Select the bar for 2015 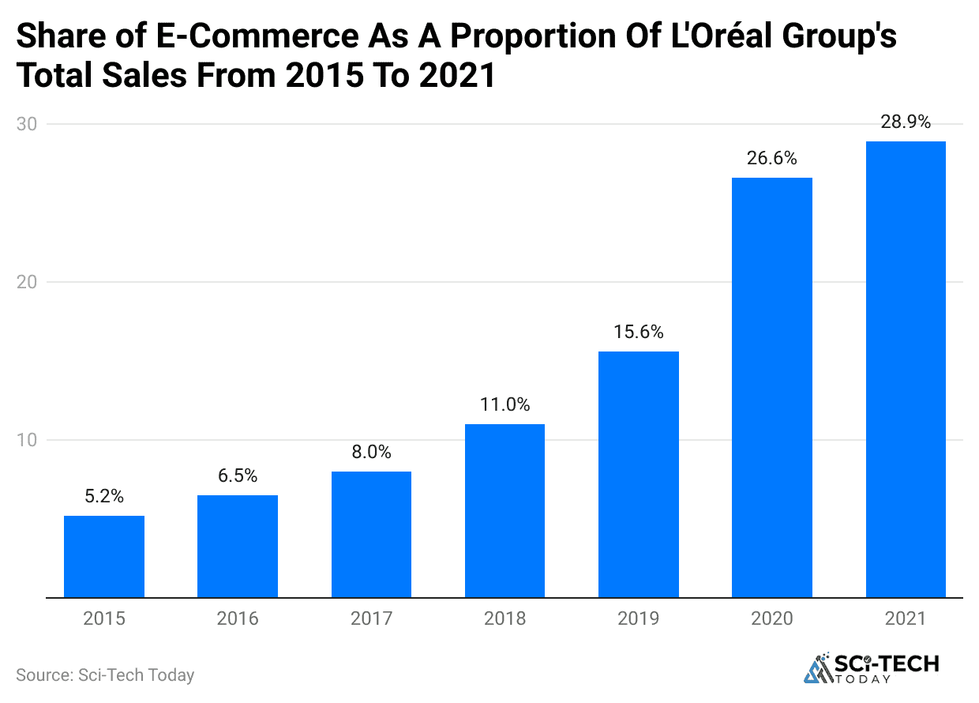[104, 557]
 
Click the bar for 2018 [505, 511]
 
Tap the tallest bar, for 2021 [906, 370]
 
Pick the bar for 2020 [772, 388]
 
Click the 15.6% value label [638, 333]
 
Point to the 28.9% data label [906, 122]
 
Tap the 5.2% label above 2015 [104, 497]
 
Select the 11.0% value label [505, 405]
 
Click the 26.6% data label [772, 159]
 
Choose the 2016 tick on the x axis [238, 618]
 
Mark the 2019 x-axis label [638, 618]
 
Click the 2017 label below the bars [371, 618]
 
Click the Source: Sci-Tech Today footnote [105, 675]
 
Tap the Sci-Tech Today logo [872, 668]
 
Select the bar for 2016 [238, 547]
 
